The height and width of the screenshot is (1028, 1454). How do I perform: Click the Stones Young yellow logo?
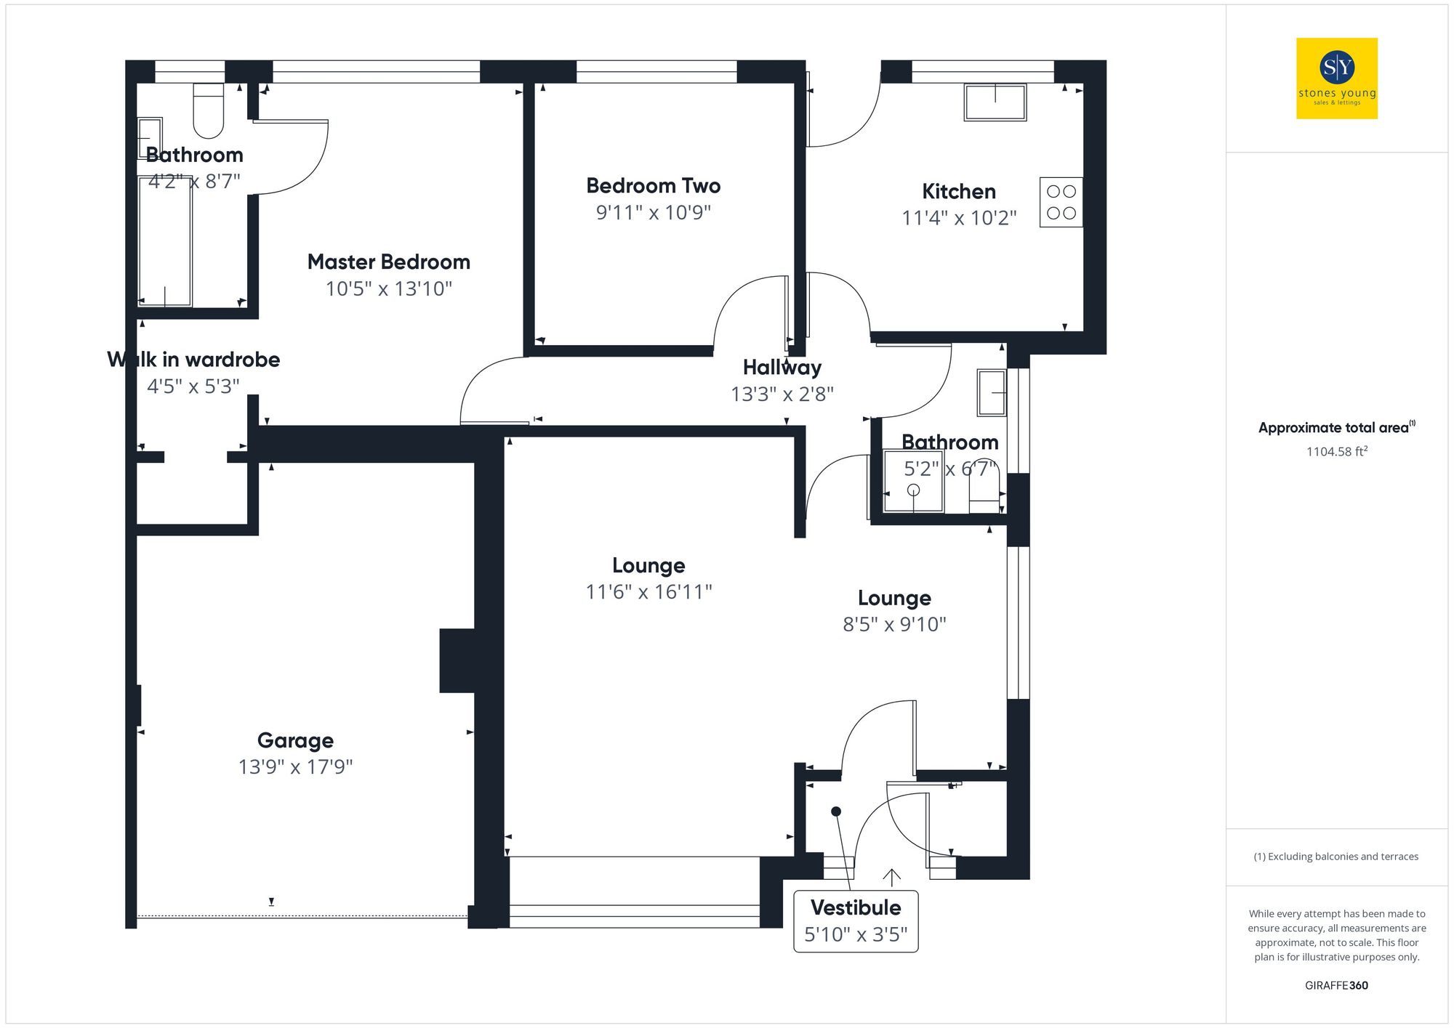(1336, 78)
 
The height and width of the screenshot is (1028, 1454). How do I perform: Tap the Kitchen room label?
(958, 192)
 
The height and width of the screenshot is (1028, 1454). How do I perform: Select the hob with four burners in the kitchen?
(1061, 202)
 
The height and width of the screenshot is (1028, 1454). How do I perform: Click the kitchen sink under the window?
(995, 102)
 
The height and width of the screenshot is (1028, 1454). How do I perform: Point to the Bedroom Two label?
(653, 186)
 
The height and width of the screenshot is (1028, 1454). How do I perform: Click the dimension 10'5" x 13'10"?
(388, 288)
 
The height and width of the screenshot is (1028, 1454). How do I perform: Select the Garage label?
(295, 740)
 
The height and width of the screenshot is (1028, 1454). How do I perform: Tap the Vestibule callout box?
(856, 920)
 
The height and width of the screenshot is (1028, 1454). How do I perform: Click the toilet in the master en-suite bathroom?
(209, 110)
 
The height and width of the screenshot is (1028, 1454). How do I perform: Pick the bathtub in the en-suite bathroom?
(165, 241)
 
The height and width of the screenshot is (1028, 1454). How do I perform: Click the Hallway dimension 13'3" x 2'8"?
(782, 394)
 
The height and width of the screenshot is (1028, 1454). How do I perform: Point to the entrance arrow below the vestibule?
(891, 877)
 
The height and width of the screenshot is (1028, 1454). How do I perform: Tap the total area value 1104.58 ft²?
(1336, 451)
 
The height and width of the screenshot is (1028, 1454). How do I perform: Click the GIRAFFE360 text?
(1336, 985)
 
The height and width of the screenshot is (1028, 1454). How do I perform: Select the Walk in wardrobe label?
(193, 360)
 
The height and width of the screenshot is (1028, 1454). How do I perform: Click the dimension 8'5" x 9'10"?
(894, 624)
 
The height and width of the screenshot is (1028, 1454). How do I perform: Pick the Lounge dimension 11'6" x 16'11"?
(648, 592)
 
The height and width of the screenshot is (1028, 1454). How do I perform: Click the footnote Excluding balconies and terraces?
(1336, 857)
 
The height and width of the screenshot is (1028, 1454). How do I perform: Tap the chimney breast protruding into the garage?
(457, 660)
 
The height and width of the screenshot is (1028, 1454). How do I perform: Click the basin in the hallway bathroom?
(991, 393)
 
